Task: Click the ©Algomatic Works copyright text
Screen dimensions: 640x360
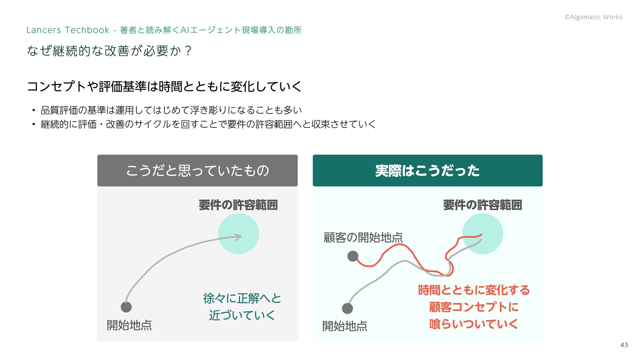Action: [x=593, y=17]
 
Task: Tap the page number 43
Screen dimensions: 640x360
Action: [x=624, y=345]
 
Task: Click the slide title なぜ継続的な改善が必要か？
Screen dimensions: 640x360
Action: [x=109, y=51]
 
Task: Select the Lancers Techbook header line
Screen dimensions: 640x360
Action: [x=164, y=30]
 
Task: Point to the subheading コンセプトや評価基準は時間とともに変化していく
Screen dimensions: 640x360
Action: [x=164, y=87]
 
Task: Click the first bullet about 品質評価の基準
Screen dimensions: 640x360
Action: [x=171, y=110]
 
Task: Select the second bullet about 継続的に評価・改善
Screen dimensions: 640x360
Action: [x=208, y=124]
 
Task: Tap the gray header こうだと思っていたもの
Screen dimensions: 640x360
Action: [x=197, y=171]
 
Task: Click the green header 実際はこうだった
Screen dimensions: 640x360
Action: [x=427, y=171]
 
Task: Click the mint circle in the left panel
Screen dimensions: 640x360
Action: [x=238, y=234]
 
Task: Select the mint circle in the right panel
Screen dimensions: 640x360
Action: [x=482, y=234]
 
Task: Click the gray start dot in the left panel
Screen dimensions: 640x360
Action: [x=126, y=307]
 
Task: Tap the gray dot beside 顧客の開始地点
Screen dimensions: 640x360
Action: [x=353, y=256]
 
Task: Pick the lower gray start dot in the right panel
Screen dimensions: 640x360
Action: [x=347, y=308]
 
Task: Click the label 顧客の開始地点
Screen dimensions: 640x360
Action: [x=363, y=238]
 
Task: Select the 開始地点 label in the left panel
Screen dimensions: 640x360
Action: [x=129, y=325]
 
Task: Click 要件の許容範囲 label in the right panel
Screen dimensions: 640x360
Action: [x=482, y=205]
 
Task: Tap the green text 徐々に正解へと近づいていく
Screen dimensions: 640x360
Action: [x=242, y=307]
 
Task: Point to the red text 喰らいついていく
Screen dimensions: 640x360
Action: [x=473, y=324]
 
